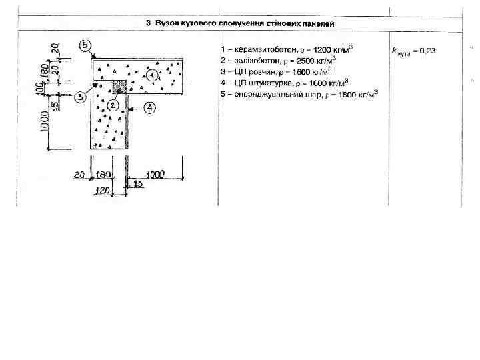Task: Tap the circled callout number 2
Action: [113, 105]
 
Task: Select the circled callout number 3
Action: [79, 97]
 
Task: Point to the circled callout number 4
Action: [149, 107]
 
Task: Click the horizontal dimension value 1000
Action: [154, 175]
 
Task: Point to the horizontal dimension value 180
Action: [104, 175]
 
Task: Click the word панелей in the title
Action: [319, 23]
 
